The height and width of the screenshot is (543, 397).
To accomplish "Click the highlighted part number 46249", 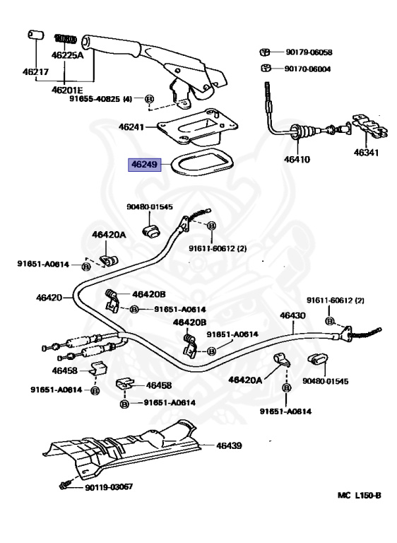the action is (x=144, y=164).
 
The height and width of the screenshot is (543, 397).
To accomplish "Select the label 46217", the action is (x=35, y=71).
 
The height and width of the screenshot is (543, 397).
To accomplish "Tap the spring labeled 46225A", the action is (x=66, y=39).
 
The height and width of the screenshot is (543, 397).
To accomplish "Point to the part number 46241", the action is (x=131, y=127).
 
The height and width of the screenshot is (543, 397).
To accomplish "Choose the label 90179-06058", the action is (x=309, y=52).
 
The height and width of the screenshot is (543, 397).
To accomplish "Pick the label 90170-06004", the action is (x=307, y=69).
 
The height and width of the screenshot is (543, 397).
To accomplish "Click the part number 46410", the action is (x=297, y=159).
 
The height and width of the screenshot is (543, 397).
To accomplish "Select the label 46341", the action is (x=366, y=152).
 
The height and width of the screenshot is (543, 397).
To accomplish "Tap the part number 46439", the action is (x=229, y=445).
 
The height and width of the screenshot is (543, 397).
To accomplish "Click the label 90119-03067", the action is (x=109, y=486).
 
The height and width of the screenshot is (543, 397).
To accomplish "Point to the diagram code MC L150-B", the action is (x=360, y=495).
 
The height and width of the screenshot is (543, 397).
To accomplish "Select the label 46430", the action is (x=292, y=315).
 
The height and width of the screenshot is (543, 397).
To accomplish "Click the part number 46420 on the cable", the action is (x=49, y=297).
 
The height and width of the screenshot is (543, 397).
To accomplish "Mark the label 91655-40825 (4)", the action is (x=101, y=99).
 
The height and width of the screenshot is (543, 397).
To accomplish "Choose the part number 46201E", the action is (x=67, y=90).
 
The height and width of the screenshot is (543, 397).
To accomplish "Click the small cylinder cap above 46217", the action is (x=35, y=35).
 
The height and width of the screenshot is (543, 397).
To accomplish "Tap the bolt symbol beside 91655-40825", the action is (x=149, y=99).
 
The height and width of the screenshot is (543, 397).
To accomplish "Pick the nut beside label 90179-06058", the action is (x=265, y=52).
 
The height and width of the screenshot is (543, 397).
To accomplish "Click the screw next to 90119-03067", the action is (x=65, y=484).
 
